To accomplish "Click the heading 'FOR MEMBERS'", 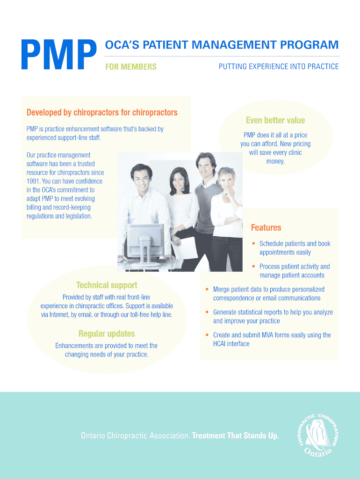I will pyautogui.click(x=130, y=67).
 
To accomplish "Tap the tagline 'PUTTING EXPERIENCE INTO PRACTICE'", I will pyautogui.click(x=279, y=66).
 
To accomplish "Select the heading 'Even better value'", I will pyautogui.click(x=275, y=120).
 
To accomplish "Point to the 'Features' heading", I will pyautogui.click(x=266, y=228).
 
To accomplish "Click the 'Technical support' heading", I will pyautogui.click(x=107, y=285).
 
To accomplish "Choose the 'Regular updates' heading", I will pyautogui.click(x=107, y=334).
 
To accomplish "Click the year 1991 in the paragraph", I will pyautogui.click(x=34, y=181).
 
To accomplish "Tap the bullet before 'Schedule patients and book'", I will pyautogui.click(x=253, y=244).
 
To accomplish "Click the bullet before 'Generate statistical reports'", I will pyautogui.click(x=207, y=312).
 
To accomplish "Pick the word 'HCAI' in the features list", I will pyautogui.click(x=219, y=344).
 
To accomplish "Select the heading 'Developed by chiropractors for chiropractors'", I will pyautogui.click(x=102, y=112).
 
